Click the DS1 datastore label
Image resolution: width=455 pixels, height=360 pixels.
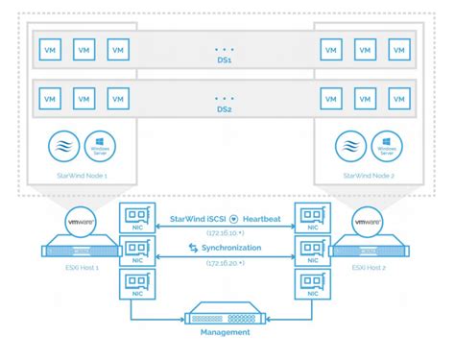pos(227,60)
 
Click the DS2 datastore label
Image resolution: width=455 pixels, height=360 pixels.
pos(227,109)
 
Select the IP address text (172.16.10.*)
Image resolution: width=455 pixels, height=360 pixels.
pos(227,233)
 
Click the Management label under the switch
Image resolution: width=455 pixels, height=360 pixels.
pos(227,332)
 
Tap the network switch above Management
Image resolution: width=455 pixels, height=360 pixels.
pos(227,312)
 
